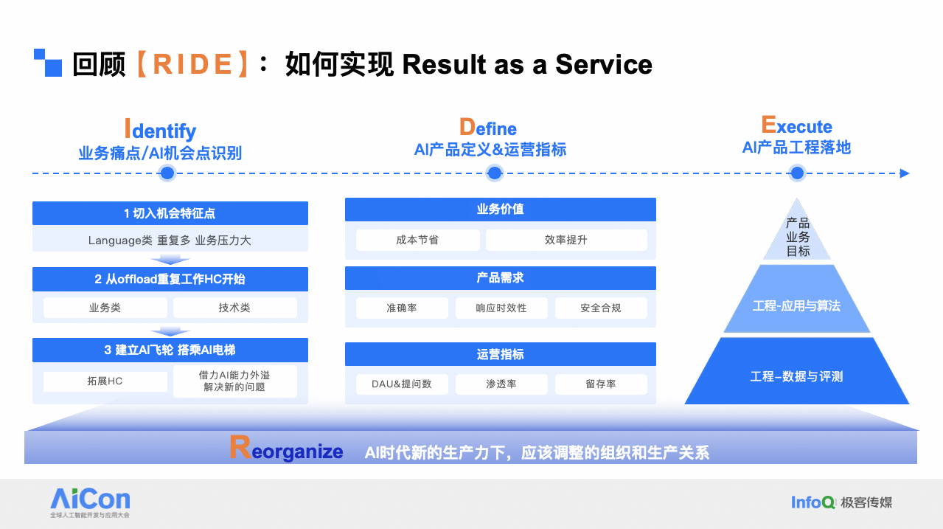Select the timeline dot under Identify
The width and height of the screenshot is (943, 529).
(167, 173)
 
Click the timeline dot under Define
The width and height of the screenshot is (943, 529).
(494, 173)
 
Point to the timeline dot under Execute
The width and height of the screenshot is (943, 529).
(797, 173)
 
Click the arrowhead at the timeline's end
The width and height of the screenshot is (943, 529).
(904, 173)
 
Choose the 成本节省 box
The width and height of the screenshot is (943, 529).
(417, 240)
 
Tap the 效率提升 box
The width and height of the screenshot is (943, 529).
(566, 240)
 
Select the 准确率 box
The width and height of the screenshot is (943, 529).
(402, 308)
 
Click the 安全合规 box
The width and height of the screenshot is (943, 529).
(601, 308)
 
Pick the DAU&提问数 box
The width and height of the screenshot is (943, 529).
(402, 384)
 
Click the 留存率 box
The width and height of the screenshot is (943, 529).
(601, 384)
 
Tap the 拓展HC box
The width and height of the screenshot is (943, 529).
(105, 381)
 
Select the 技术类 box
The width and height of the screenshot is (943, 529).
(235, 308)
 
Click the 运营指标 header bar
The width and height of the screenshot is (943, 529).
(501, 354)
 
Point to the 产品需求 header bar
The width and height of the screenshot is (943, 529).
(501, 278)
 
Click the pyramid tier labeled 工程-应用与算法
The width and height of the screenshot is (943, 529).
(796, 305)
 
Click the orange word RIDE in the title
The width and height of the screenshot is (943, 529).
(192, 64)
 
